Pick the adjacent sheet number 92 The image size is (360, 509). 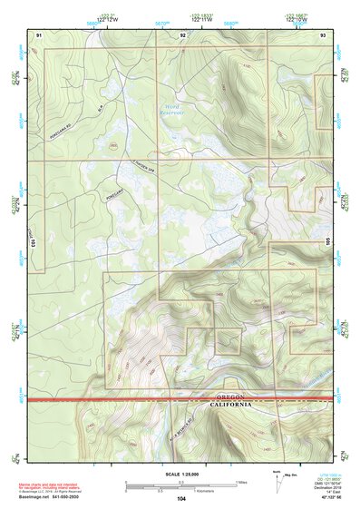182,34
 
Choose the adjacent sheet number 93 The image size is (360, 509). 324,34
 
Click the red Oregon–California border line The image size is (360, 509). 136,400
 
